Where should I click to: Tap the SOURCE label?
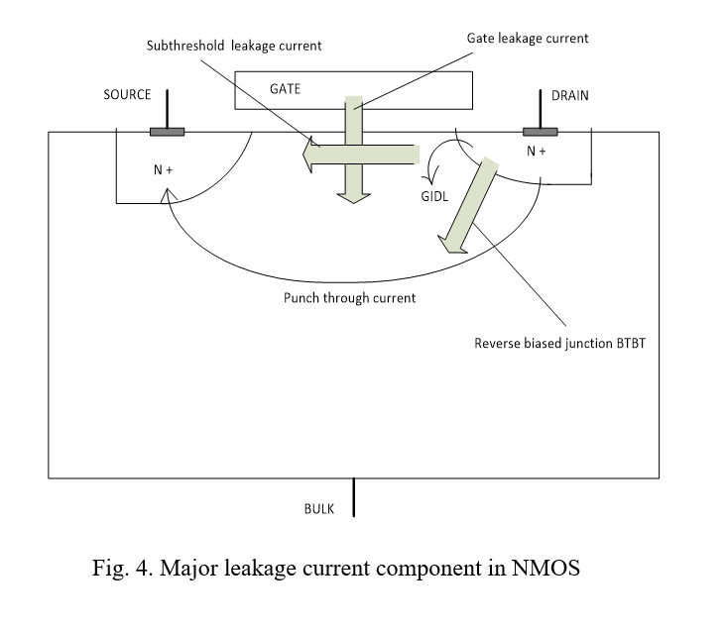[127, 95]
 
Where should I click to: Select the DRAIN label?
[570, 95]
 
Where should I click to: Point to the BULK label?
[319, 509]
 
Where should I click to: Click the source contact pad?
[166, 131]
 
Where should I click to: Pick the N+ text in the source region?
[164, 170]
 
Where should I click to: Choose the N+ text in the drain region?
[537, 152]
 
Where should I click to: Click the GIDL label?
[434, 196]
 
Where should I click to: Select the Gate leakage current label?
[528, 39]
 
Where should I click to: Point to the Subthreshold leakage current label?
[234, 46]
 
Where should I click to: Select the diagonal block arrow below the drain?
[469, 206]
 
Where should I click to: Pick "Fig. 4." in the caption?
[122, 571]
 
